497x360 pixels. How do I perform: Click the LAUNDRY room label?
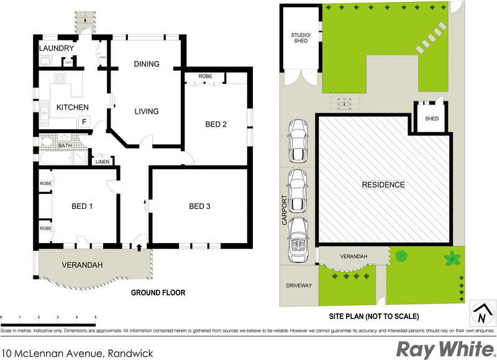pos(57,48)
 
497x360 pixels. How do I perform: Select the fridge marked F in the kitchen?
pos(84,121)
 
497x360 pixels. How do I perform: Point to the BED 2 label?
pos(216,124)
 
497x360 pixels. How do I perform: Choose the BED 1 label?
pos(81,206)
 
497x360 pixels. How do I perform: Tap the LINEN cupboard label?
pos(102,162)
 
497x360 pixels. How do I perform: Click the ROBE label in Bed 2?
pos(205,76)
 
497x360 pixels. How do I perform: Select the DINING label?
pos(147,63)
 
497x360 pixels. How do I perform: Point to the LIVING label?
pos(147,111)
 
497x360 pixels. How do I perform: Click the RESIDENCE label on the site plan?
pos(383,185)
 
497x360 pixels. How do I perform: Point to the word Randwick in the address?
pos(128,353)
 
